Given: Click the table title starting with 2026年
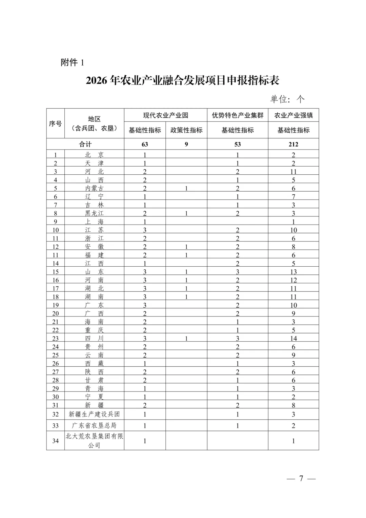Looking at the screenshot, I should [x=182, y=81].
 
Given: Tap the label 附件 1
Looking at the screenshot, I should [x=72, y=62].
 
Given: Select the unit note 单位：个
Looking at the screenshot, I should [x=287, y=99].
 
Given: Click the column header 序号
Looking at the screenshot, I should [x=55, y=123].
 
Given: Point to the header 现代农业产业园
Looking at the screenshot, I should [x=165, y=115].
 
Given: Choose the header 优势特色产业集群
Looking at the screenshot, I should [x=238, y=115].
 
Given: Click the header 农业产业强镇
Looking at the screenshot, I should [x=293, y=115].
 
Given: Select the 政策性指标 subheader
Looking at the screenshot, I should [x=186, y=130].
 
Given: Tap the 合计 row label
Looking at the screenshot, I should [x=85, y=144].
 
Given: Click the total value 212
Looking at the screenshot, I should [x=293, y=144].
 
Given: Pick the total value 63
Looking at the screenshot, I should [x=145, y=144].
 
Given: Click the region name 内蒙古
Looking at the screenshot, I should [x=94, y=188].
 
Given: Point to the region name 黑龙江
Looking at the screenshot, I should [x=94, y=213].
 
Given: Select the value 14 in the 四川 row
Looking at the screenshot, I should [x=293, y=339].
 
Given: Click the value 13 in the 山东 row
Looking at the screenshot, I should [x=293, y=272].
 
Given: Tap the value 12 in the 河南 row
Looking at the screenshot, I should [x=293, y=280].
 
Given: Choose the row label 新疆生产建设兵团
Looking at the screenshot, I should [x=94, y=414].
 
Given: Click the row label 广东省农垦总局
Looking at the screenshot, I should [x=94, y=425].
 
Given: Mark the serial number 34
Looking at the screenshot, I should [x=55, y=441].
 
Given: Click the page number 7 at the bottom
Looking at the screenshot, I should [x=301, y=478].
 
